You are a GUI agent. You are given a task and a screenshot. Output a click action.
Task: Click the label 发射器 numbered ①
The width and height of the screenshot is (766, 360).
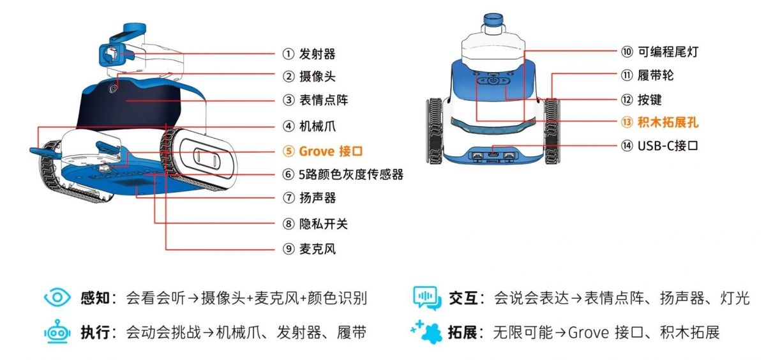[317, 54]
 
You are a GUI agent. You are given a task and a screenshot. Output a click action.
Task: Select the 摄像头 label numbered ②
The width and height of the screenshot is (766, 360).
[317, 76]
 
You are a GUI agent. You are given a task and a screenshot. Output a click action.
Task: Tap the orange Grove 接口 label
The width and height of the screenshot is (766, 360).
[331, 151]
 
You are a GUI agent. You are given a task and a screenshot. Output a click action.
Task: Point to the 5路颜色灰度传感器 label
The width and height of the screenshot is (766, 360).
[351, 174]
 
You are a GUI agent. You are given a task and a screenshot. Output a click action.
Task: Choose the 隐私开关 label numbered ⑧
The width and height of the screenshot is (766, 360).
[323, 224]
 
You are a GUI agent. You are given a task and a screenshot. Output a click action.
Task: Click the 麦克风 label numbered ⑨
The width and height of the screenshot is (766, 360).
[317, 248]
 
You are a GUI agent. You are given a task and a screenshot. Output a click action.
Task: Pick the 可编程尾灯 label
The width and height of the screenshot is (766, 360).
[668, 52]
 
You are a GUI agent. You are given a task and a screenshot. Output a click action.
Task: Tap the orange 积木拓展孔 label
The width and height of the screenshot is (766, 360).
[668, 122]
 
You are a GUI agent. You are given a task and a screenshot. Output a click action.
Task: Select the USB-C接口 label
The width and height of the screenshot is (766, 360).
[668, 146]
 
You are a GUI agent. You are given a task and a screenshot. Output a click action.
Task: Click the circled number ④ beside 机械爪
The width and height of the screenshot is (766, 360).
[289, 126]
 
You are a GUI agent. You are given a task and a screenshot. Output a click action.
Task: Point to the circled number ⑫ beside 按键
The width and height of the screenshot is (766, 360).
[626, 100]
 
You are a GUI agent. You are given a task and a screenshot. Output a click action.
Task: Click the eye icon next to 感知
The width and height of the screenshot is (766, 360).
[57, 297]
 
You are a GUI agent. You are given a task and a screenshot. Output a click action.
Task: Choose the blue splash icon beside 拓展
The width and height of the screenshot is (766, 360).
[426, 332]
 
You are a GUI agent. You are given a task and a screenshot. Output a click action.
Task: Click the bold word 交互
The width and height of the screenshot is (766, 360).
[463, 298]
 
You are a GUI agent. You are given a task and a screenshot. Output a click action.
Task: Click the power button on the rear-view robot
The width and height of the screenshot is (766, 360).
[493, 81]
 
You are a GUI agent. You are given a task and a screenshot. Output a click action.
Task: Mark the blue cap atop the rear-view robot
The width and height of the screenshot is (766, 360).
[493, 20]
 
